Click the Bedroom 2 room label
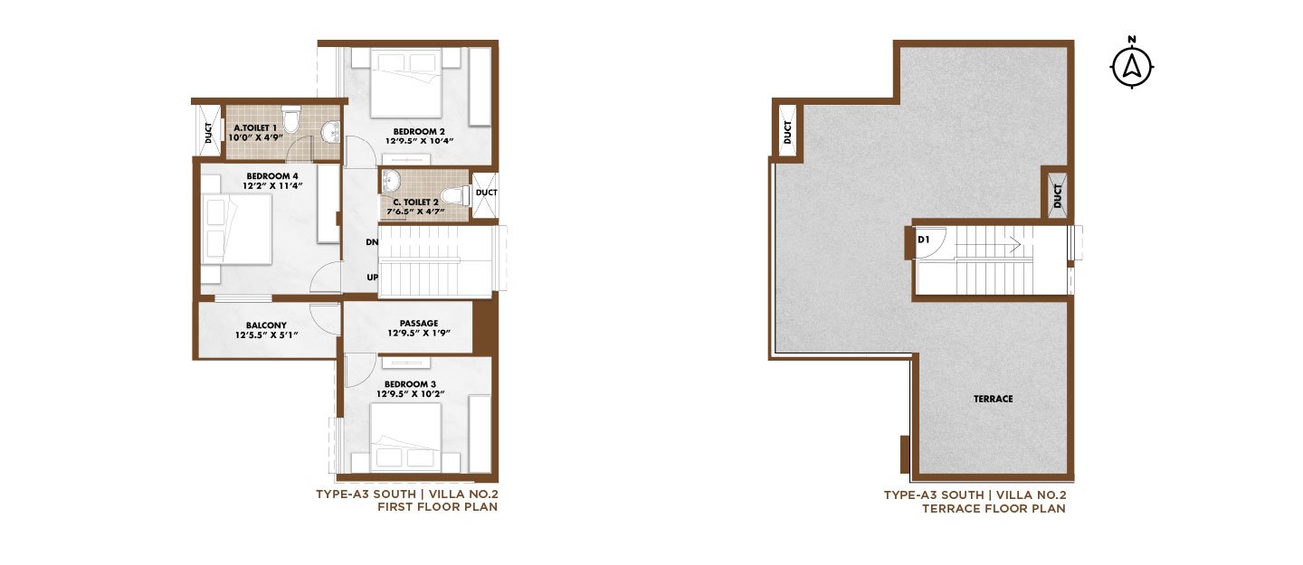[x=419, y=131]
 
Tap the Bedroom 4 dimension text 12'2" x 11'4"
[x=272, y=186]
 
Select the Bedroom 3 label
[x=410, y=383]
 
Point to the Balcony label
[x=266, y=325]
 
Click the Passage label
[x=419, y=324]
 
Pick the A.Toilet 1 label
[x=255, y=127]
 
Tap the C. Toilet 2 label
[x=415, y=202]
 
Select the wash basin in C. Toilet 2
[x=392, y=181]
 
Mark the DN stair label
[x=372, y=242]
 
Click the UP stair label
[x=372, y=278]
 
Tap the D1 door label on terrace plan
[x=923, y=239]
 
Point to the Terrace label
[x=994, y=399]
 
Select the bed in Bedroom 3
[x=405, y=438]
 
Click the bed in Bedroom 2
[x=407, y=83]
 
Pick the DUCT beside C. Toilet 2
[x=486, y=193]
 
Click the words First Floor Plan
[x=437, y=507]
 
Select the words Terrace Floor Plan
[x=994, y=509]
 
